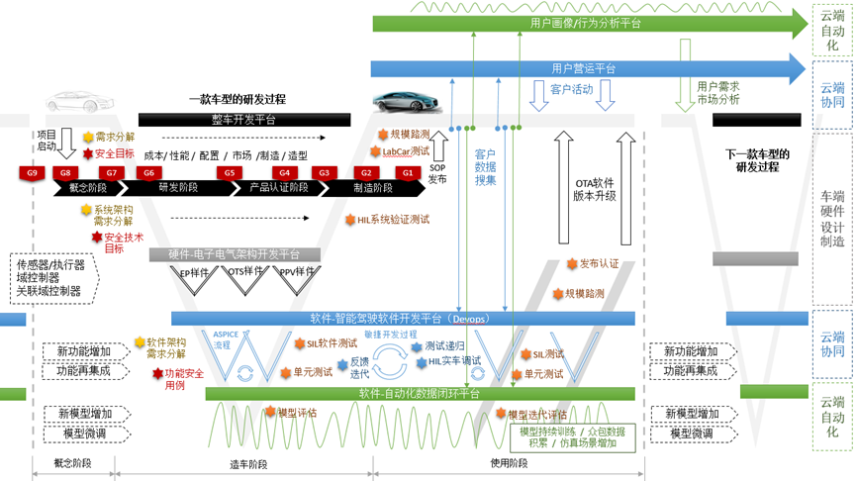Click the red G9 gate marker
tap(33, 173)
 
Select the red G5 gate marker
tap(230, 173)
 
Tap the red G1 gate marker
tap(407, 173)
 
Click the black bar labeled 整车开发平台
tap(244, 120)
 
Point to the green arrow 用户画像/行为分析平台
tap(585, 23)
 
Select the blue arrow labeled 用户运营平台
tap(584, 68)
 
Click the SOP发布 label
tap(437, 174)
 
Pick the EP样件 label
tap(194, 272)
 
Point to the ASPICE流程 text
tap(227, 339)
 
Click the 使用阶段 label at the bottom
tap(511, 463)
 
